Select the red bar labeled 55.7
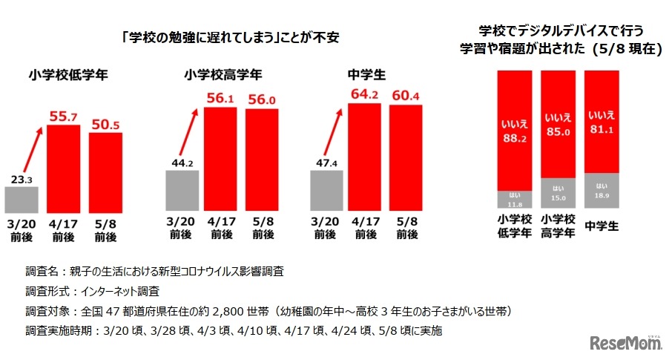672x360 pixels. pos(63,171)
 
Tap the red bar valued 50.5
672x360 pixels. pos(105,175)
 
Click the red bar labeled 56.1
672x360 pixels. pos(220,162)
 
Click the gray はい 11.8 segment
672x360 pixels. pos(513,200)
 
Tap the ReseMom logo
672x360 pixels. pos(627,342)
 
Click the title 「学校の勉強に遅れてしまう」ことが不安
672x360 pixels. pos(230,37)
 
